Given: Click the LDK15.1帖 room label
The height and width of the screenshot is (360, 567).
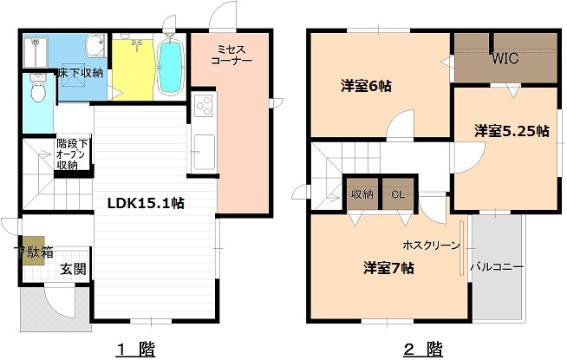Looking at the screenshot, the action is [x=146, y=203].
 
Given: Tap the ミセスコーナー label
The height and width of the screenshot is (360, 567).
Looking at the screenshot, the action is [x=231, y=55].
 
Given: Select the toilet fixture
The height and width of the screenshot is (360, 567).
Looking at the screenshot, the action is [x=37, y=88].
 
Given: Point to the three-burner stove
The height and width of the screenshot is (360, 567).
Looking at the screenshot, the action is [x=203, y=105].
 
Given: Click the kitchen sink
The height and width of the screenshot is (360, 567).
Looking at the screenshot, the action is [x=205, y=152].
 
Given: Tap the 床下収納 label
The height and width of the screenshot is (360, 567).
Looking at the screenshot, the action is [x=81, y=73].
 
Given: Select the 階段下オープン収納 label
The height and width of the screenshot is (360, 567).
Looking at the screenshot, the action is [x=72, y=154].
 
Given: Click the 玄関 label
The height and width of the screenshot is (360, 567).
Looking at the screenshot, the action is [x=73, y=269].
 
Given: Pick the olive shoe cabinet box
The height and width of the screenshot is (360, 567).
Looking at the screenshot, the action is [x=34, y=251].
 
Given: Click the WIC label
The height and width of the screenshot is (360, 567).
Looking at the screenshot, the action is [x=505, y=59].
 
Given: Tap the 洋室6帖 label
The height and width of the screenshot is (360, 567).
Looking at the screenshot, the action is [x=366, y=86].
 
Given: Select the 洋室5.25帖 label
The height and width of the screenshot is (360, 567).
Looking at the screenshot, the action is [x=512, y=131].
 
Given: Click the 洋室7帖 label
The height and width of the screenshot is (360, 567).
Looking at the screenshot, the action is [x=388, y=268].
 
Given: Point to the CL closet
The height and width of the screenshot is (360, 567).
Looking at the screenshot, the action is [x=398, y=194].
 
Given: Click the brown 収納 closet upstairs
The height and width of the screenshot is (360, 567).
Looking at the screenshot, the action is [x=362, y=194].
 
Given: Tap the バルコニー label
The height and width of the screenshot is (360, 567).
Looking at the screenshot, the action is [x=497, y=268].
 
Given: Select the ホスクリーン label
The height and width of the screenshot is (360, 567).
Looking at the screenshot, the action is [x=431, y=245].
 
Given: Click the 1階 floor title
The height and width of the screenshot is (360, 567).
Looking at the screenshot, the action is [x=136, y=350].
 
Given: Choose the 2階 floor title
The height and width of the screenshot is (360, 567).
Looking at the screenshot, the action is [x=423, y=350].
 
